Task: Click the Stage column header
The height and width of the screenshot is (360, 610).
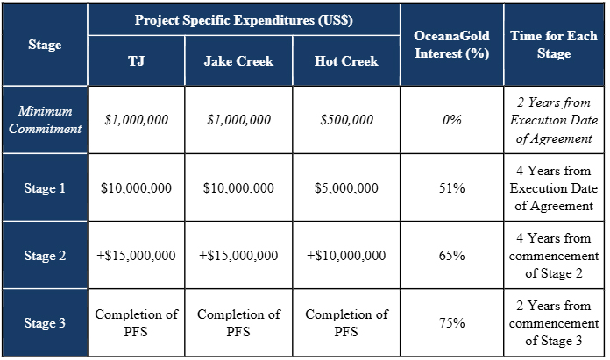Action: [x=45, y=44]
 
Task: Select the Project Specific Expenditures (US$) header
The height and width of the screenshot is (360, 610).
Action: [x=244, y=20]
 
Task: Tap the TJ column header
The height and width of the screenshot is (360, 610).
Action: [x=136, y=62]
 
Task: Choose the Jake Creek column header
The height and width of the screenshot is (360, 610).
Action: [x=238, y=62]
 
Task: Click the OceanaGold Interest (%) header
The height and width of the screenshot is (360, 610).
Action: [x=451, y=44]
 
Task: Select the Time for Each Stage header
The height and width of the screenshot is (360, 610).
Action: [x=554, y=44]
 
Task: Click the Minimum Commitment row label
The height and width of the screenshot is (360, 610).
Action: [x=45, y=120]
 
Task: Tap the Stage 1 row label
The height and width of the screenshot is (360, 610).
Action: [x=45, y=188]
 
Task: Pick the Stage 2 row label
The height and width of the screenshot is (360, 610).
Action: [x=45, y=256]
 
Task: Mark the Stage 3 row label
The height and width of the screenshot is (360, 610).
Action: [x=45, y=323]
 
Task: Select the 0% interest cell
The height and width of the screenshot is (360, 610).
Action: [x=451, y=120]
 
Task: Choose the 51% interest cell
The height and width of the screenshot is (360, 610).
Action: [x=451, y=188]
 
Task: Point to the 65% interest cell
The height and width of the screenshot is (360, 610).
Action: [x=451, y=256]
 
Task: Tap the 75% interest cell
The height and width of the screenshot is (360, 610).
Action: [x=451, y=323]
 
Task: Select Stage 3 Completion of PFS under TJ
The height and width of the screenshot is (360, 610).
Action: [x=136, y=323]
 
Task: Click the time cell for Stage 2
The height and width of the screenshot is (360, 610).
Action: [x=554, y=256]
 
